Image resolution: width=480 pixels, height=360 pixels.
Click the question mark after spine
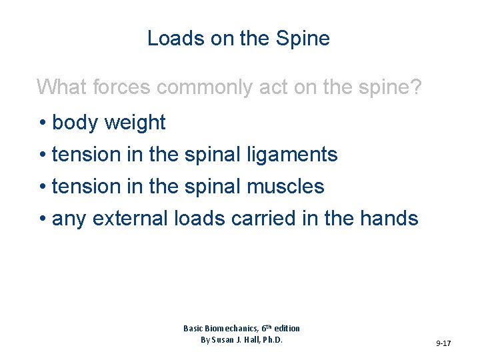[415, 87]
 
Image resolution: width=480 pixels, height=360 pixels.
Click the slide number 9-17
[443, 343]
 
